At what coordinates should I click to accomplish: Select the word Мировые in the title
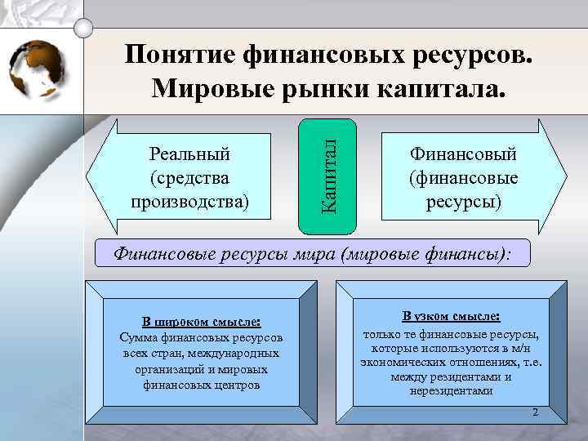216,87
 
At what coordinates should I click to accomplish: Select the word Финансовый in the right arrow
464,154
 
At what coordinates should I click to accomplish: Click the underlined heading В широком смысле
201,322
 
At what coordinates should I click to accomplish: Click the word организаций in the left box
179,368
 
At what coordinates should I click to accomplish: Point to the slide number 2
535,412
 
